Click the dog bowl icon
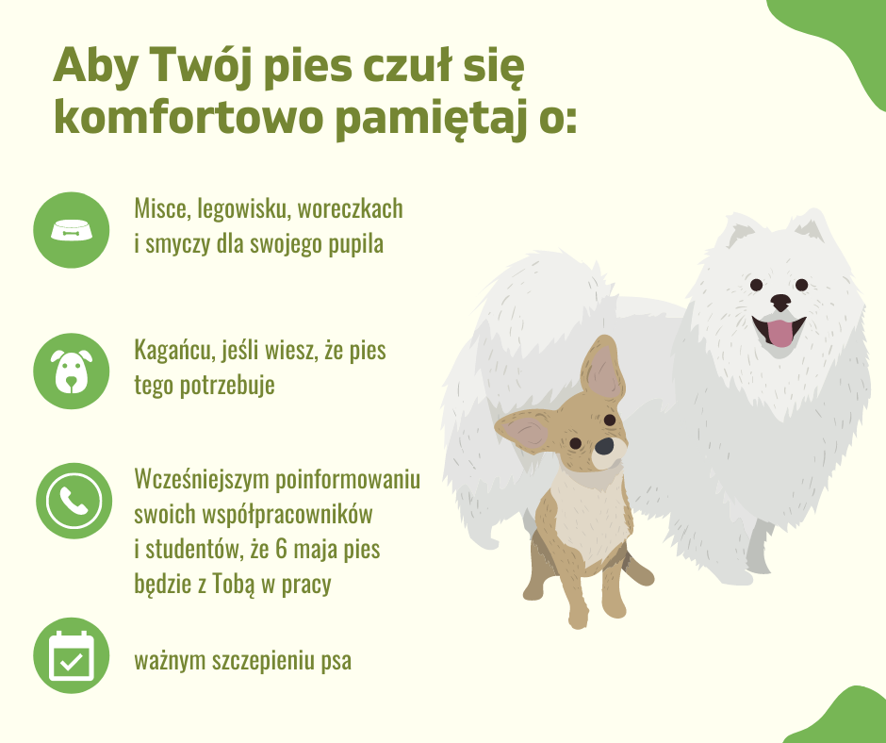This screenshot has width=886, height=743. click(72, 230)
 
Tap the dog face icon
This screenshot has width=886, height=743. click(72, 371)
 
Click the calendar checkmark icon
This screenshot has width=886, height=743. click(72, 656)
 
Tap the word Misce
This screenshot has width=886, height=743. click(160, 209)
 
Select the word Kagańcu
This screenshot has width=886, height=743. click(174, 351)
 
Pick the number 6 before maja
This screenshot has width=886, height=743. click(282, 549)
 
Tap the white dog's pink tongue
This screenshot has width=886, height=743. click(779, 333)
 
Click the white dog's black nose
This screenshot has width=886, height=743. click(780, 302)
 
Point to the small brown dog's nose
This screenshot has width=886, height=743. click(604, 446)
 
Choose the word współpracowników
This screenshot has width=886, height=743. click(287, 515)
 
